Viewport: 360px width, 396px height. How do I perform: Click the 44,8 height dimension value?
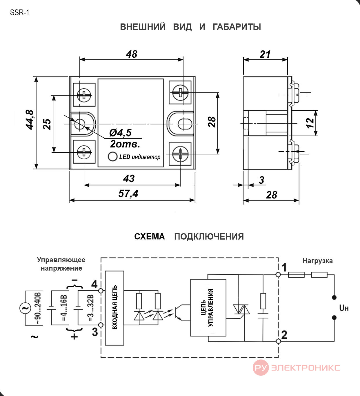point(30,120)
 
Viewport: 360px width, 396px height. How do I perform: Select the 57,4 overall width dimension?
point(128,194)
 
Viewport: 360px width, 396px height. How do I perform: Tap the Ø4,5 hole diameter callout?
point(120,133)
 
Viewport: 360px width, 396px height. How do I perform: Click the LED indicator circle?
point(112,156)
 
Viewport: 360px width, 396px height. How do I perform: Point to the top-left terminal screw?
point(84,95)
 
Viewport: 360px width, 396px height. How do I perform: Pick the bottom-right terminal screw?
point(180,154)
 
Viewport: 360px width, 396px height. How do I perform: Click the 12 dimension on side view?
point(310,123)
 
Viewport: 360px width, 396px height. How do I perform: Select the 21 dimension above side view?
point(265,54)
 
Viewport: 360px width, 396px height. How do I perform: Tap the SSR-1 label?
point(19,13)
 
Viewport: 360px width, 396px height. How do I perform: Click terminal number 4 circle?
point(101,291)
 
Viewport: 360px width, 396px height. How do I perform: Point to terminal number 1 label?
point(284,268)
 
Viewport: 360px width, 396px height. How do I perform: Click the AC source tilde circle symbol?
point(25,308)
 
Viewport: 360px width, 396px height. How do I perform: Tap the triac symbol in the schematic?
point(241,309)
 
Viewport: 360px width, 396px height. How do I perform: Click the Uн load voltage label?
point(344,308)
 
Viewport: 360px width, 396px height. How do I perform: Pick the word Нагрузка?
point(317,261)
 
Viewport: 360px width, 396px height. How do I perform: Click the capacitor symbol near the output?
point(263,316)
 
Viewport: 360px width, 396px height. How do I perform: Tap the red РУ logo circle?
point(261,368)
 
